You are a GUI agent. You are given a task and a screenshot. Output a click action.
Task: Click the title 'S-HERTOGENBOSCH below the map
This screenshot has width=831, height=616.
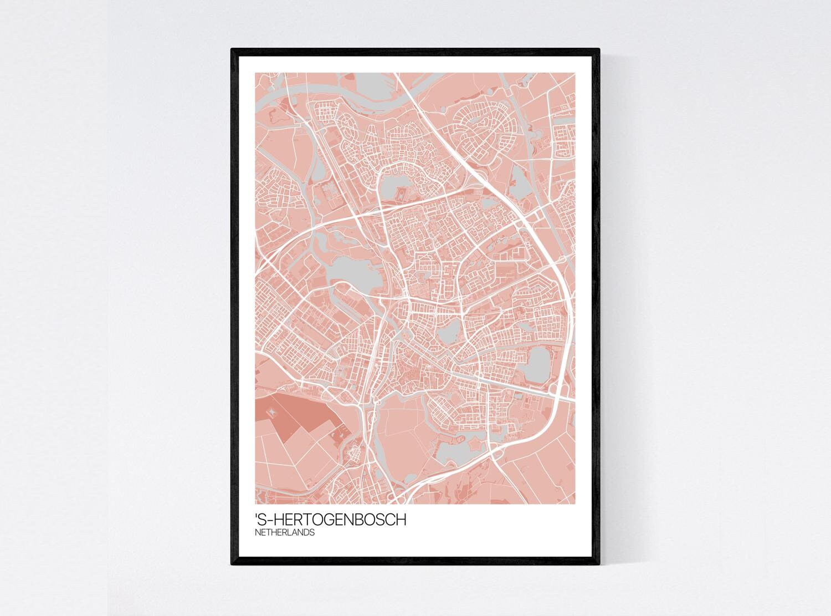(330, 520)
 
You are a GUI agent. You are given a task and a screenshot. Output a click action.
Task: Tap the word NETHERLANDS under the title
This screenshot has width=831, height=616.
(285, 533)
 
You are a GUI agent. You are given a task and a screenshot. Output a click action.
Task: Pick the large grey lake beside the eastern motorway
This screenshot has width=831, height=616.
(536, 365)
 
